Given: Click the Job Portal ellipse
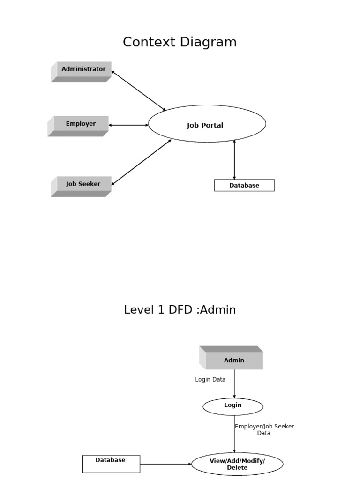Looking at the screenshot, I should pyautogui.click(x=206, y=124).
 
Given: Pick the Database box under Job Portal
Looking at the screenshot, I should pyautogui.click(x=244, y=185).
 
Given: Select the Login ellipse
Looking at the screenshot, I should pyautogui.click(x=233, y=406).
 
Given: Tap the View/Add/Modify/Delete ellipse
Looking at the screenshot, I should pyautogui.click(x=237, y=464).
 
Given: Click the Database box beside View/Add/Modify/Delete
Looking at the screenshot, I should pyautogui.click(x=111, y=464).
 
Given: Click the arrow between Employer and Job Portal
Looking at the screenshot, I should pyautogui.click(x=128, y=125).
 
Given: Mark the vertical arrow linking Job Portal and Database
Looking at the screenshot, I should pyautogui.click(x=234, y=159).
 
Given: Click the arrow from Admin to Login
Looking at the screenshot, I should pyautogui.click(x=234, y=384).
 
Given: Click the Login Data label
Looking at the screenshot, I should pyautogui.click(x=210, y=379).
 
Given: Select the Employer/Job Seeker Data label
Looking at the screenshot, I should pyautogui.click(x=264, y=429).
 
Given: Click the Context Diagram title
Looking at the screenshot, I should pyautogui.click(x=180, y=42).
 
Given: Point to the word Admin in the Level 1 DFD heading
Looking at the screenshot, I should pyautogui.click(x=217, y=310).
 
